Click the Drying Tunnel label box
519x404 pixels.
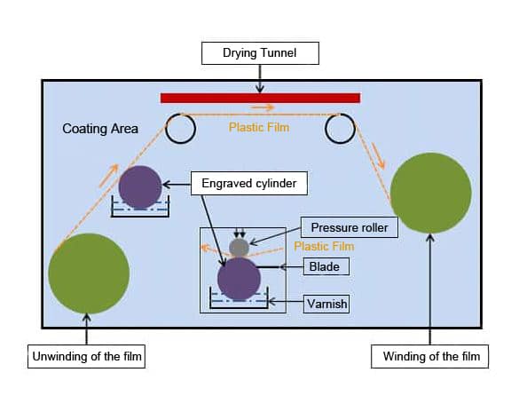click(x=259, y=54)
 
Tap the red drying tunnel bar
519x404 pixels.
click(x=260, y=98)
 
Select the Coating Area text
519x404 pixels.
click(x=100, y=129)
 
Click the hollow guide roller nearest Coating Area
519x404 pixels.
click(x=181, y=129)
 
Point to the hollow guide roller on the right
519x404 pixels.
click(x=340, y=129)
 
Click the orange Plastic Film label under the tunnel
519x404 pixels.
click(x=259, y=127)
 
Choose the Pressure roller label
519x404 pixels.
click(x=350, y=227)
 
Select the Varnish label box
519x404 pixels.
click(x=326, y=305)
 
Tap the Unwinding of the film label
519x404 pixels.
click(x=86, y=358)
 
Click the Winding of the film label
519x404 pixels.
click(x=429, y=358)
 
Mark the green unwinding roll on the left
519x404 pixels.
click(x=89, y=273)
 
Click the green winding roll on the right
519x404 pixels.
click(x=430, y=193)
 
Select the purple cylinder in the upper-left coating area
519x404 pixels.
click(x=140, y=186)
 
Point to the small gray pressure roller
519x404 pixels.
click(x=240, y=248)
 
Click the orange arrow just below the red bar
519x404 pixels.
click(x=263, y=108)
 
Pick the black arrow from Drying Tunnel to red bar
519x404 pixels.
click(x=259, y=79)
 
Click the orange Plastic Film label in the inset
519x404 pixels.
click(x=324, y=246)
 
